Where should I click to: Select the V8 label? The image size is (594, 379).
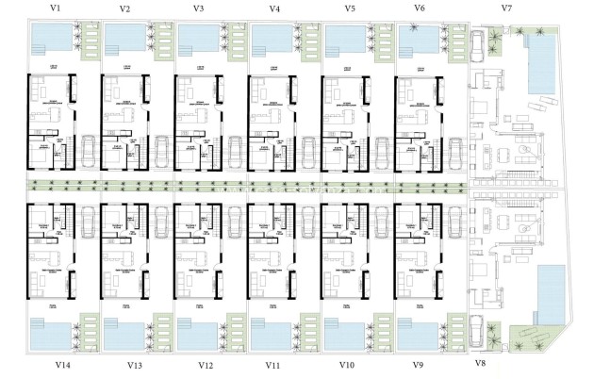(480, 363)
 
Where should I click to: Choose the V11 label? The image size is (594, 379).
(273, 365)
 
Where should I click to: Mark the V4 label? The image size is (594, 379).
(273, 8)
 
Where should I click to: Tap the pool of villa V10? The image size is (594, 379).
(345, 334)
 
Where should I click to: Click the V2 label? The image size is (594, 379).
(125, 8)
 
